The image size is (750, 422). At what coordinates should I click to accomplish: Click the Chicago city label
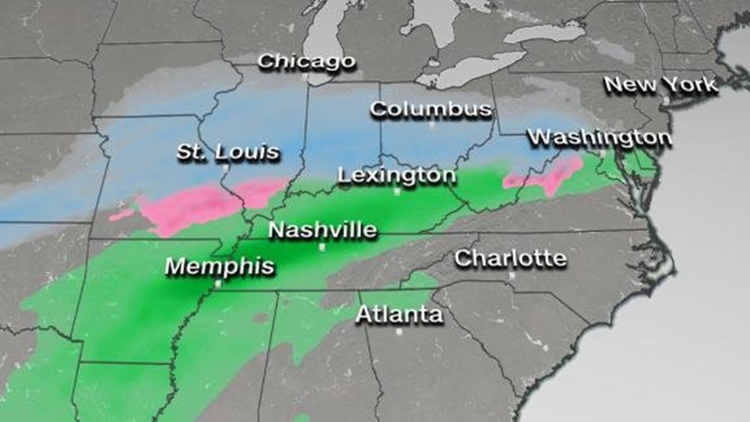click(x=307, y=63)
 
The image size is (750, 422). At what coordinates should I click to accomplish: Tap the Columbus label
click(x=431, y=109)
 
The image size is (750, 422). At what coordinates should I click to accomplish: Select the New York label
click(x=661, y=85)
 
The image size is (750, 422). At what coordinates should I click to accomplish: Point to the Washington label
click(x=600, y=138)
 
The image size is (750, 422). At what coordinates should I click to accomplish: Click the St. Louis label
click(x=228, y=152)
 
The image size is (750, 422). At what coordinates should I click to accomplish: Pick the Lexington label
click(x=397, y=176)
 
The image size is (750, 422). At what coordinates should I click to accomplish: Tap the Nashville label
click(x=323, y=230)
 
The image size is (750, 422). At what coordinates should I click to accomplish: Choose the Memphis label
click(x=220, y=267)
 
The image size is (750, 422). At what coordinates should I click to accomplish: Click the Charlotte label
click(x=511, y=258)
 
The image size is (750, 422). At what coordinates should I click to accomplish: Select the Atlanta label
click(x=399, y=315)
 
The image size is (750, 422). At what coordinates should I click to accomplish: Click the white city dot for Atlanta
click(x=399, y=332)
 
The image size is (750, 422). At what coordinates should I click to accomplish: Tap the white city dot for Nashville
click(x=322, y=247)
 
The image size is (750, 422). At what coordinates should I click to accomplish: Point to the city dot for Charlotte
click(x=511, y=275)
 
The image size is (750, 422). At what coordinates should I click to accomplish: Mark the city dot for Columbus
click(x=432, y=124)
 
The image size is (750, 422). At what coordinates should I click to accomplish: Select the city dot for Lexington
click(x=397, y=192)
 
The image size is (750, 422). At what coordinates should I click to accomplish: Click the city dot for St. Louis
click(x=225, y=168)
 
